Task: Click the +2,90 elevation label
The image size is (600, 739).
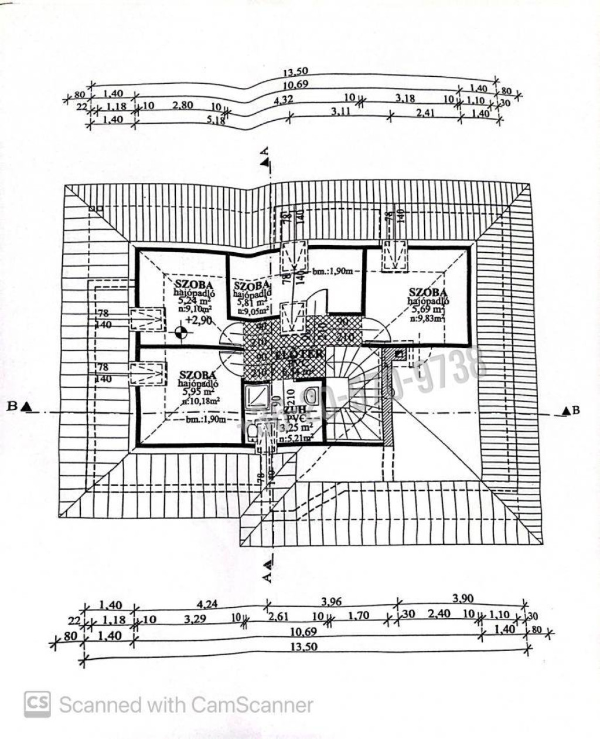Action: pos(199,320)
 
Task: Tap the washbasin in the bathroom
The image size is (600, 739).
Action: pos(311,394)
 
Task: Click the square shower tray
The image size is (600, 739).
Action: pos(256,396)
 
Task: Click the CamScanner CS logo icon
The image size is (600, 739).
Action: pos(37,704)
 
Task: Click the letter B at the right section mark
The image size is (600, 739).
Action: pos(576,410)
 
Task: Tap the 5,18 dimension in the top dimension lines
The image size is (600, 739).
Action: pos(216,120)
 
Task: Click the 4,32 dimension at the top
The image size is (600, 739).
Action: pos(283,100)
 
